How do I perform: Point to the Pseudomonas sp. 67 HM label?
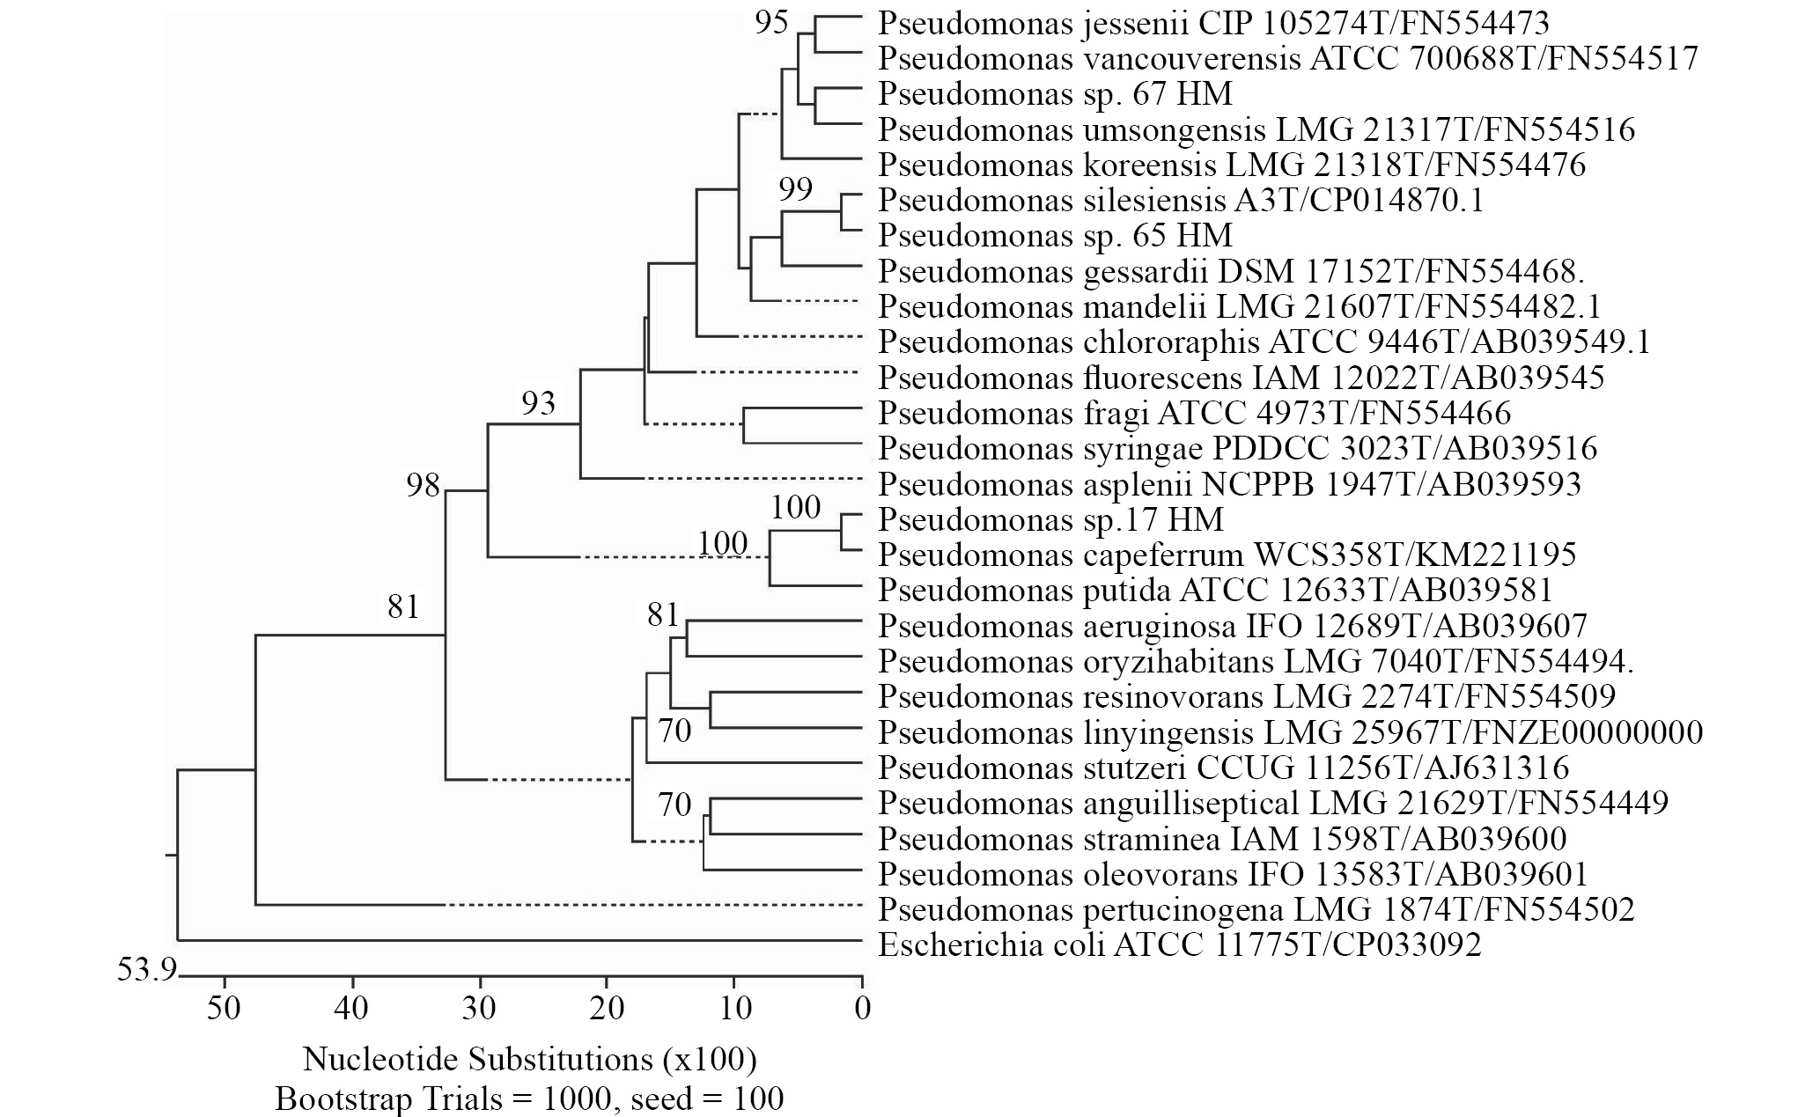pyautogui.click(x=1055, y=93)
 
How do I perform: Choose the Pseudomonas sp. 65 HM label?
pyautogui.click(x=1055, y=235)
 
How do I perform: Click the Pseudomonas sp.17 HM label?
pyautogui.click(x=1050, y=519)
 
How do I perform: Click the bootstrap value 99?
pyautogui.click(x=795, y=188)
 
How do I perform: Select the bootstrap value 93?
pyautogui.click(x=538, y=403)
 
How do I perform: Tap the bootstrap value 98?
pyautogui.click(x=423, y=484)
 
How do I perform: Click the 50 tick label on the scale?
pyautogui.click(x=225, y=1008)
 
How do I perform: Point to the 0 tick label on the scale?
pyautogui.click(x=863, y=1008)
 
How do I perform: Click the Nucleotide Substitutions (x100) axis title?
pyautogui.click(x=529, y=1059)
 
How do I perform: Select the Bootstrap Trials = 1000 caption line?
pyautogui.click(x=529, y=1099)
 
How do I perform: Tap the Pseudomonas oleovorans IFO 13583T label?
pyautogui.click(x=1233, y=874)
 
